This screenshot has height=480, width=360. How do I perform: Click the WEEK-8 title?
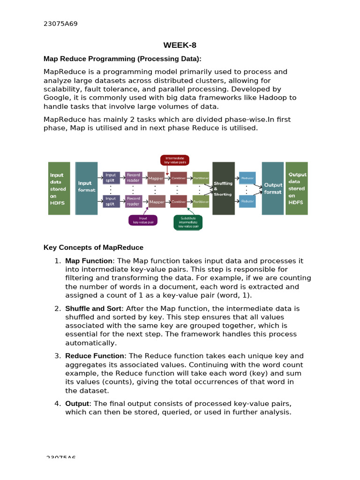click(x=180, y=45)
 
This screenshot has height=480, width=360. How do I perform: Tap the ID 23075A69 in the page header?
click(x=60, y=24)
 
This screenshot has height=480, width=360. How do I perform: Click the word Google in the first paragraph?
click(x=56, y=97)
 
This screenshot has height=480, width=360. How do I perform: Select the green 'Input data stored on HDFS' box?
click(x=59, y=188)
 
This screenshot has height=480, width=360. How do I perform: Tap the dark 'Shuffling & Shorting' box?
click(x=223, y=188)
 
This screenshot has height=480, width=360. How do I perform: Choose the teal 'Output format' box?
click(x=272, y=188)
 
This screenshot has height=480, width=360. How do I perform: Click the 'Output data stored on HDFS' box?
click(x=296, y=188)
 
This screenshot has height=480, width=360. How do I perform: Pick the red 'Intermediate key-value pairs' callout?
click(x=175, y=160)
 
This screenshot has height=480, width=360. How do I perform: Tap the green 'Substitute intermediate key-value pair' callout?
click(x=188, y=222)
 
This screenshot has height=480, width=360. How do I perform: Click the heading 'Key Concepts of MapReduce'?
click(x=93, y=247)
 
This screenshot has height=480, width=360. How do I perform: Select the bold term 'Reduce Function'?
click(x=95, y=356)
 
